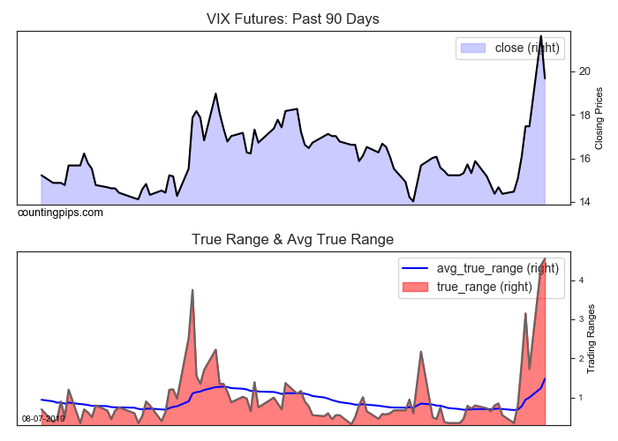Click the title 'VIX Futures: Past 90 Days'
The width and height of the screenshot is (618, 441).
pos(292,19)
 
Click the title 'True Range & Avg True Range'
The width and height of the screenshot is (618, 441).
pos(292,239)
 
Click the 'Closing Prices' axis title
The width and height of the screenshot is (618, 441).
pos(599,116)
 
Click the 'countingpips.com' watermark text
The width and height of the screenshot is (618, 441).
pos(60,213)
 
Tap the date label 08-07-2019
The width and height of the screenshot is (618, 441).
pos(44,418)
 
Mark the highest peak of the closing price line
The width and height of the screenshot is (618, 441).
pos(540,36)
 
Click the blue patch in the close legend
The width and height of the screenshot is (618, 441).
pos(474,48)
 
